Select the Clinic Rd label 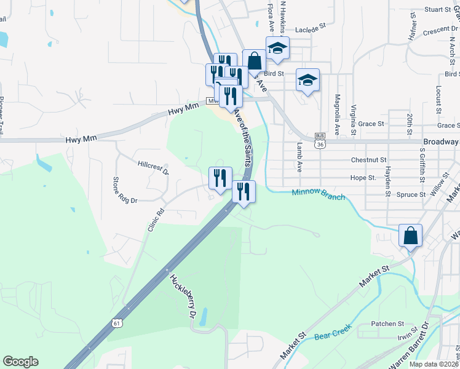pyautogui.click(x=156, y=220)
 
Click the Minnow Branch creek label pyautogui.click(x=319, y=195)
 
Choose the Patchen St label pyautogui.click(x=387, y=323)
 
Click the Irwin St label pyautogui.click(x=408, y=336)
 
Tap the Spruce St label pyautogui.click(x=414, y=194)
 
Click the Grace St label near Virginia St pyautogui.click(x=371, y=124)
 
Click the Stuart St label pyautogui.click(x=438, y=10)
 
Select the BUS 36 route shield pyautogui.click(x=319, y=141)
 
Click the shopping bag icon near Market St pyautogui.click(x=410, y=235)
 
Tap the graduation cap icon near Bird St pyautogui.click(x=307, y=80)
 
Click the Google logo pyautogui.click(x=20, y=362)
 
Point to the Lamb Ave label pyautogui.click(x=300, y=157)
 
